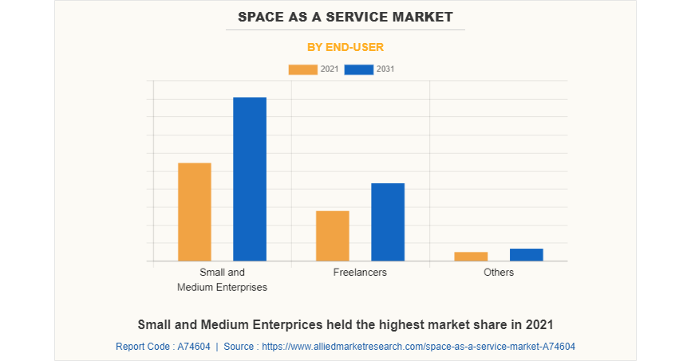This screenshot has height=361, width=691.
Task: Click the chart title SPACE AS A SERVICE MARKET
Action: (x=345, y=16)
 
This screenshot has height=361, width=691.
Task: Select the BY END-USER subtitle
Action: (x=345, y=47)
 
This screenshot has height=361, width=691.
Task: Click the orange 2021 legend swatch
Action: (x=302, y=69)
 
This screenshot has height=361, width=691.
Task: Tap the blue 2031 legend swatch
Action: (x=359, y=69)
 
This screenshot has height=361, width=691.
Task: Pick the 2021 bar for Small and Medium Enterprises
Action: (x=194, y=212)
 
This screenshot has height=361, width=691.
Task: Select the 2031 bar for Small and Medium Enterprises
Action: (x=250, y=179)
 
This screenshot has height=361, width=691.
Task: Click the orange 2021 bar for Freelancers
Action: (x=333, y=236)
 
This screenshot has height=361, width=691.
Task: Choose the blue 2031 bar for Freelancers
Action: (x=388, y=222)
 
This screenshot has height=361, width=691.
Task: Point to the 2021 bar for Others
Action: (x=471, y=256)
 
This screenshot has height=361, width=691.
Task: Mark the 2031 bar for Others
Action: (x=527, y=254)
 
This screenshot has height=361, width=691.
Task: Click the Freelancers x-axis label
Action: (x=360, y=273)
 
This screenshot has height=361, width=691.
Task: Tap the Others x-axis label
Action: (x=499, y=273)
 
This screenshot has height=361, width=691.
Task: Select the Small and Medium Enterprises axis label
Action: (x=222, y=279)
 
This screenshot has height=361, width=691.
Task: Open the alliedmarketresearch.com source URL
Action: (x=418, y=347)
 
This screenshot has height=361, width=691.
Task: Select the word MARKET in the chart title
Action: (x=425, y=16)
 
